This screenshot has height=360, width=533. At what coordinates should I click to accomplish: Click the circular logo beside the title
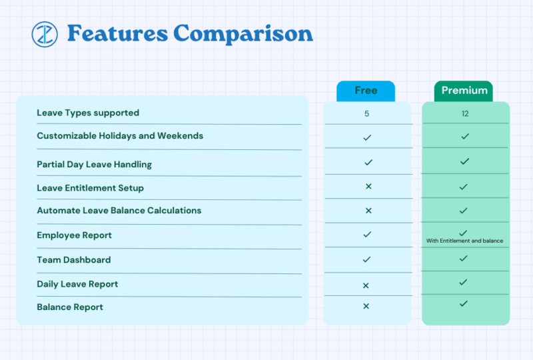[x=45, y=34]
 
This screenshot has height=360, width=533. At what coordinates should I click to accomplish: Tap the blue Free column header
[x=366, y=91]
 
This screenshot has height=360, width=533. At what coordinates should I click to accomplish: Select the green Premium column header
[x=464, y=91]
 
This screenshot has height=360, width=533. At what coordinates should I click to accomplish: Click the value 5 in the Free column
[x=366, y=113]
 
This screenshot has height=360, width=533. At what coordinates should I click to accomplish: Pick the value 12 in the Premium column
[x=465, y=113]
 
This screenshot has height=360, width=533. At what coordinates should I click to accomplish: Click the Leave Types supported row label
[x=88, y=113]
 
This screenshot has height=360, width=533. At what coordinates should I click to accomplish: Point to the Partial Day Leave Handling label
[x=94, y=164]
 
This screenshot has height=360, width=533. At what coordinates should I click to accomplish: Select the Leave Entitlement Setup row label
[x=90, y=188]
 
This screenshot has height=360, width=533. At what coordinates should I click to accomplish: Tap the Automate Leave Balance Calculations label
[x=119, y=211]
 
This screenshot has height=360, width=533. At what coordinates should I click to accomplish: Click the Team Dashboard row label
[x=73, y=260]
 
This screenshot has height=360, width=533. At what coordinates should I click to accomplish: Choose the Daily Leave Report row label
[x=77, y=284]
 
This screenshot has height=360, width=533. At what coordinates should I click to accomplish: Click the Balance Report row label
[x=70, y=307]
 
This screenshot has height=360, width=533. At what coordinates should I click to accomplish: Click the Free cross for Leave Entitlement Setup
[x=368, y=187]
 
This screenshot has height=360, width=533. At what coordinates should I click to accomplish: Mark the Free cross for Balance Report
[x=366, y=307]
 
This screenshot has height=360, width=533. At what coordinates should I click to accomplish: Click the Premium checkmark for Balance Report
[x=464, y=303]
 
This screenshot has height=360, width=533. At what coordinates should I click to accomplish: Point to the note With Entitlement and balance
[x=464, y=241]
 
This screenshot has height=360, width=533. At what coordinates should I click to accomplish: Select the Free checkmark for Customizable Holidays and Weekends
[x=367, y=137]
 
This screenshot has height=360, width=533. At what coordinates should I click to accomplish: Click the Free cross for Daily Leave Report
[x=366, y=285]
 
